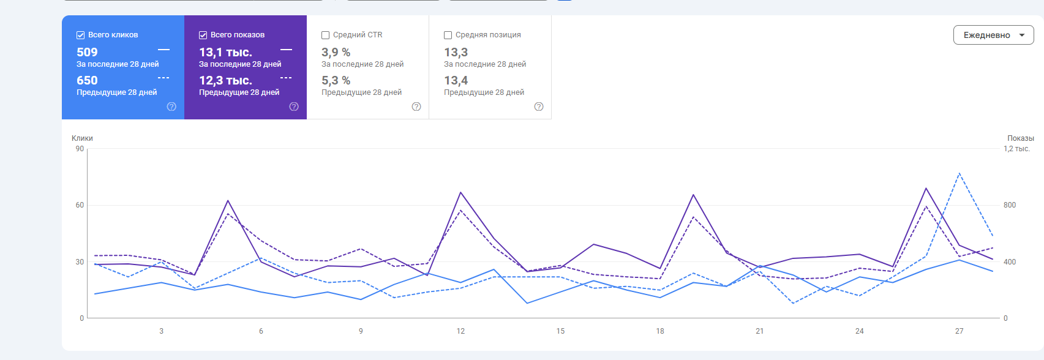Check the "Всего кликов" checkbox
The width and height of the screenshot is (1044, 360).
coord(80,36)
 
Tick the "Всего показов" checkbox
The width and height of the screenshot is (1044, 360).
coord(203,36)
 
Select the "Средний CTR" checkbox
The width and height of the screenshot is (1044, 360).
coord(325,36)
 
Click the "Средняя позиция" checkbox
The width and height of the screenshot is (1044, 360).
coord(448,36)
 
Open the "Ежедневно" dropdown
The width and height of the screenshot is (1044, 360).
coord(993,35)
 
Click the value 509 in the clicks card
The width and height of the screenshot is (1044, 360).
coord(87,53)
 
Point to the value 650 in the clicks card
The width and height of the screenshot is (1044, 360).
coord(87,81)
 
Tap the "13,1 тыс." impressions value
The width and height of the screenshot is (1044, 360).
coord(225,53)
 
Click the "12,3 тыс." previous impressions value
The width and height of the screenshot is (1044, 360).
coord(225,81)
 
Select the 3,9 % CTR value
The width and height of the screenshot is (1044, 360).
coord(336,53)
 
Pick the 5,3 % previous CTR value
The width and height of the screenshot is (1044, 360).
coord(336,81)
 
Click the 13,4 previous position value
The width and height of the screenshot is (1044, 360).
coord(456,81)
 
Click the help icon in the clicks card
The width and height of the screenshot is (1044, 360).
coord(171,107)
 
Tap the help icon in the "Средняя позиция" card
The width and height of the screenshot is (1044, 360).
coord(539,107)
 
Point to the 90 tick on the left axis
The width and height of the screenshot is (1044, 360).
coord(80,149)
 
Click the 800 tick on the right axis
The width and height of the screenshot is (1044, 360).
coord(1010,205)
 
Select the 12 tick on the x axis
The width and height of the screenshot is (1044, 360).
coord(460,331)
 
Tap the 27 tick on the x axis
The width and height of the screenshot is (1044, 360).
coord(959,331)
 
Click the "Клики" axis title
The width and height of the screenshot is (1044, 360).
coord(82,138)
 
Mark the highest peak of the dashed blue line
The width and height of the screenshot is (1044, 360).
coord(959,173)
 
